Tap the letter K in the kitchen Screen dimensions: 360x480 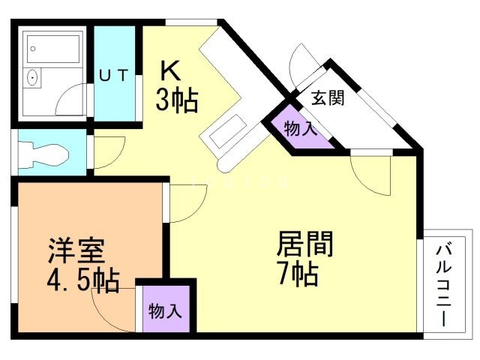pyautogui.click(x=170, y=70)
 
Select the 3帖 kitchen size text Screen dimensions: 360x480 pyautogui.click(x=176, y=99)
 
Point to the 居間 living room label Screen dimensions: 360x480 pyautogui.click(x=305, y=244)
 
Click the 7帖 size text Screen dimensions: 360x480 pyautogui.click(x=298, y=274)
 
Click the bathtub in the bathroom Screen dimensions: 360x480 pyautogui.click(x=55, y=50)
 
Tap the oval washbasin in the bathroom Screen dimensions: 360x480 pyautogui.click(x=32, y=77)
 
